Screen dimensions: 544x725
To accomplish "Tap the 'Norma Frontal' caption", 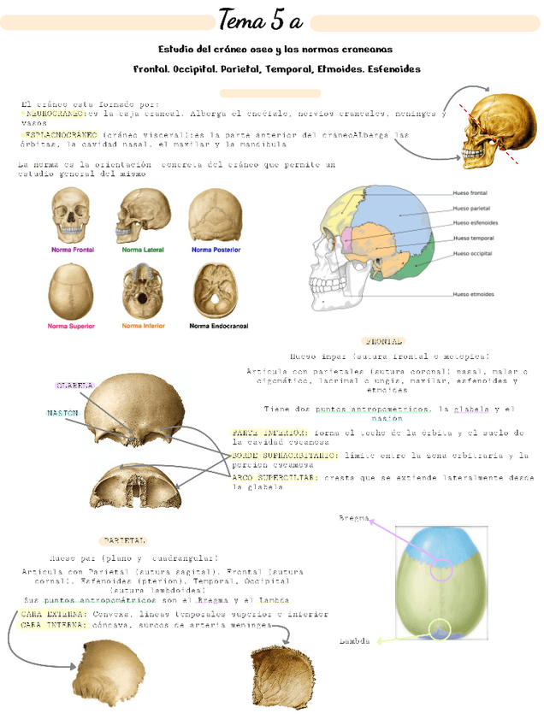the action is [72, 251].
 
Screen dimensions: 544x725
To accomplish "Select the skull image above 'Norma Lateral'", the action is [143, 215].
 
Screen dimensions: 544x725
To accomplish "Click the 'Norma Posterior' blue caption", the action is [216, 251].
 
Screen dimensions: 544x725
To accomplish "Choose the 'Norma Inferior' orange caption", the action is [143, 326].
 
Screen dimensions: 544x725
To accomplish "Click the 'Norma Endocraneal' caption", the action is [216, 326].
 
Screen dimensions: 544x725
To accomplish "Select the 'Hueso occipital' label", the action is [471, 253].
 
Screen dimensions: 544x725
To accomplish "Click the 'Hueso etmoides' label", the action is [471, 294].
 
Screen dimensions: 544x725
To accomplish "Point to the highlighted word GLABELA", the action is [75, 386].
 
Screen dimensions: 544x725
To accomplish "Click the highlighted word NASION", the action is [62, 413].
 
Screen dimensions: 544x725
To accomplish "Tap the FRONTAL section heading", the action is [382, 340].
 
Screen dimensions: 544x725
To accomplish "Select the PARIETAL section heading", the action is [124, 540].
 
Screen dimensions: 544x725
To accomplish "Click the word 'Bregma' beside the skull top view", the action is [354, 519].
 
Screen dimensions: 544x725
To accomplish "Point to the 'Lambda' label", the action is [354, 640].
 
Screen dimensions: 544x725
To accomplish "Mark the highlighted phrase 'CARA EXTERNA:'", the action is [53, 614].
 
